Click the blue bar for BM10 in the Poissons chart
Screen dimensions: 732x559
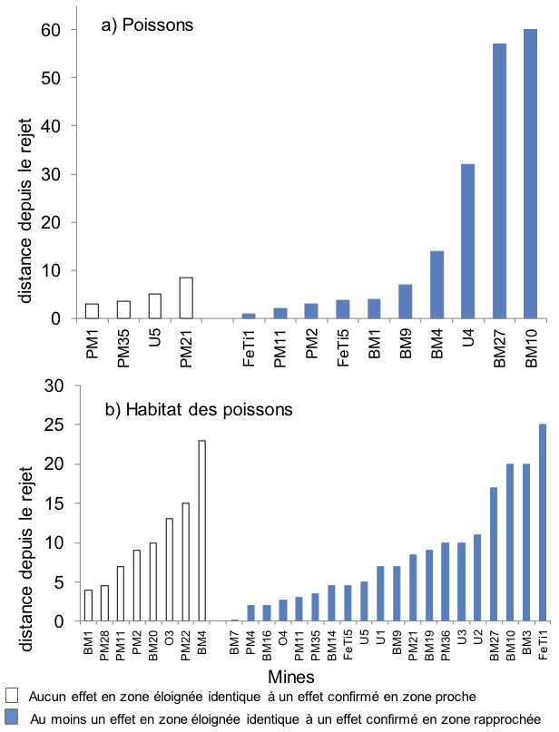pyautogui.click(x=530, y=174)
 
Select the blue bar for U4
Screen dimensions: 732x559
pyautogui.click(x=467, y=241)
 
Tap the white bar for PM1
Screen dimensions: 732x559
pyautogui.click(x=92, y=311)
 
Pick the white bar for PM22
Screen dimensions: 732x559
pyautogui.click(x=186, y=562)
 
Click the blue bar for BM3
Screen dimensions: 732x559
pyautogui.click(x=525, y=542)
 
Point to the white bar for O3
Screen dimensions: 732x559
pyautogui.click(x=169, y=571)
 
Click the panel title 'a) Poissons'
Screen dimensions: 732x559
pyautogui.click(x=147, y=25)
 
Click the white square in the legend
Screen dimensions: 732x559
pyautogui.click(x=12, y=698)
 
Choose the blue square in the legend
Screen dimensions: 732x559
pyautogui.click(x=12, y=717)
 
